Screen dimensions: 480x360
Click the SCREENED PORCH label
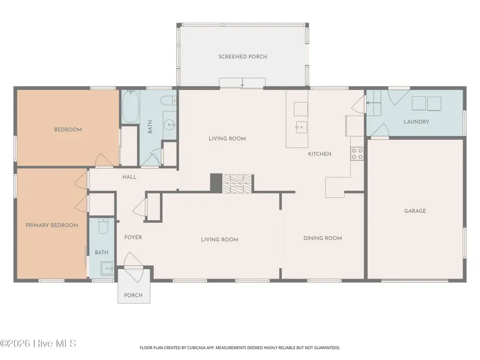pos(243,56)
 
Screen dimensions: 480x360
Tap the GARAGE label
pos(415,211)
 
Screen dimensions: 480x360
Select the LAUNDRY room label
pos(416,122)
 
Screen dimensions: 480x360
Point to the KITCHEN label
pos(319,154)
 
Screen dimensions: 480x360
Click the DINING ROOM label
pos(323,238)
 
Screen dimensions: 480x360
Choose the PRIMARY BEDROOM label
pos(52,225)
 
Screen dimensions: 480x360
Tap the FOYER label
pos(133,237)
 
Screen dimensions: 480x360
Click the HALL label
pos(130,177)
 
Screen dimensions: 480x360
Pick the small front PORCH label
pos(133,295)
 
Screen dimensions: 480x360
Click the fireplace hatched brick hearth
pos(237,184)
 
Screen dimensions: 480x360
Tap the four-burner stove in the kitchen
pos(357,154)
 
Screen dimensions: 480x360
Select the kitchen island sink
pos(301,127)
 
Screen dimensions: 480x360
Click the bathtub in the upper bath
pos(131,106)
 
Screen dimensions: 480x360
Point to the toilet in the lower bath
pos(103,226)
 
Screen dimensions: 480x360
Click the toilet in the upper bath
pos(168,101)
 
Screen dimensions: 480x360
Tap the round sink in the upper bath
pos(169,124)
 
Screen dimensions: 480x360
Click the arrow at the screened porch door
pos(242,83)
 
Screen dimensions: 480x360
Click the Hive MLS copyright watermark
pos(38,344)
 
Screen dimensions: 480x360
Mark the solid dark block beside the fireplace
pos(216,183)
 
